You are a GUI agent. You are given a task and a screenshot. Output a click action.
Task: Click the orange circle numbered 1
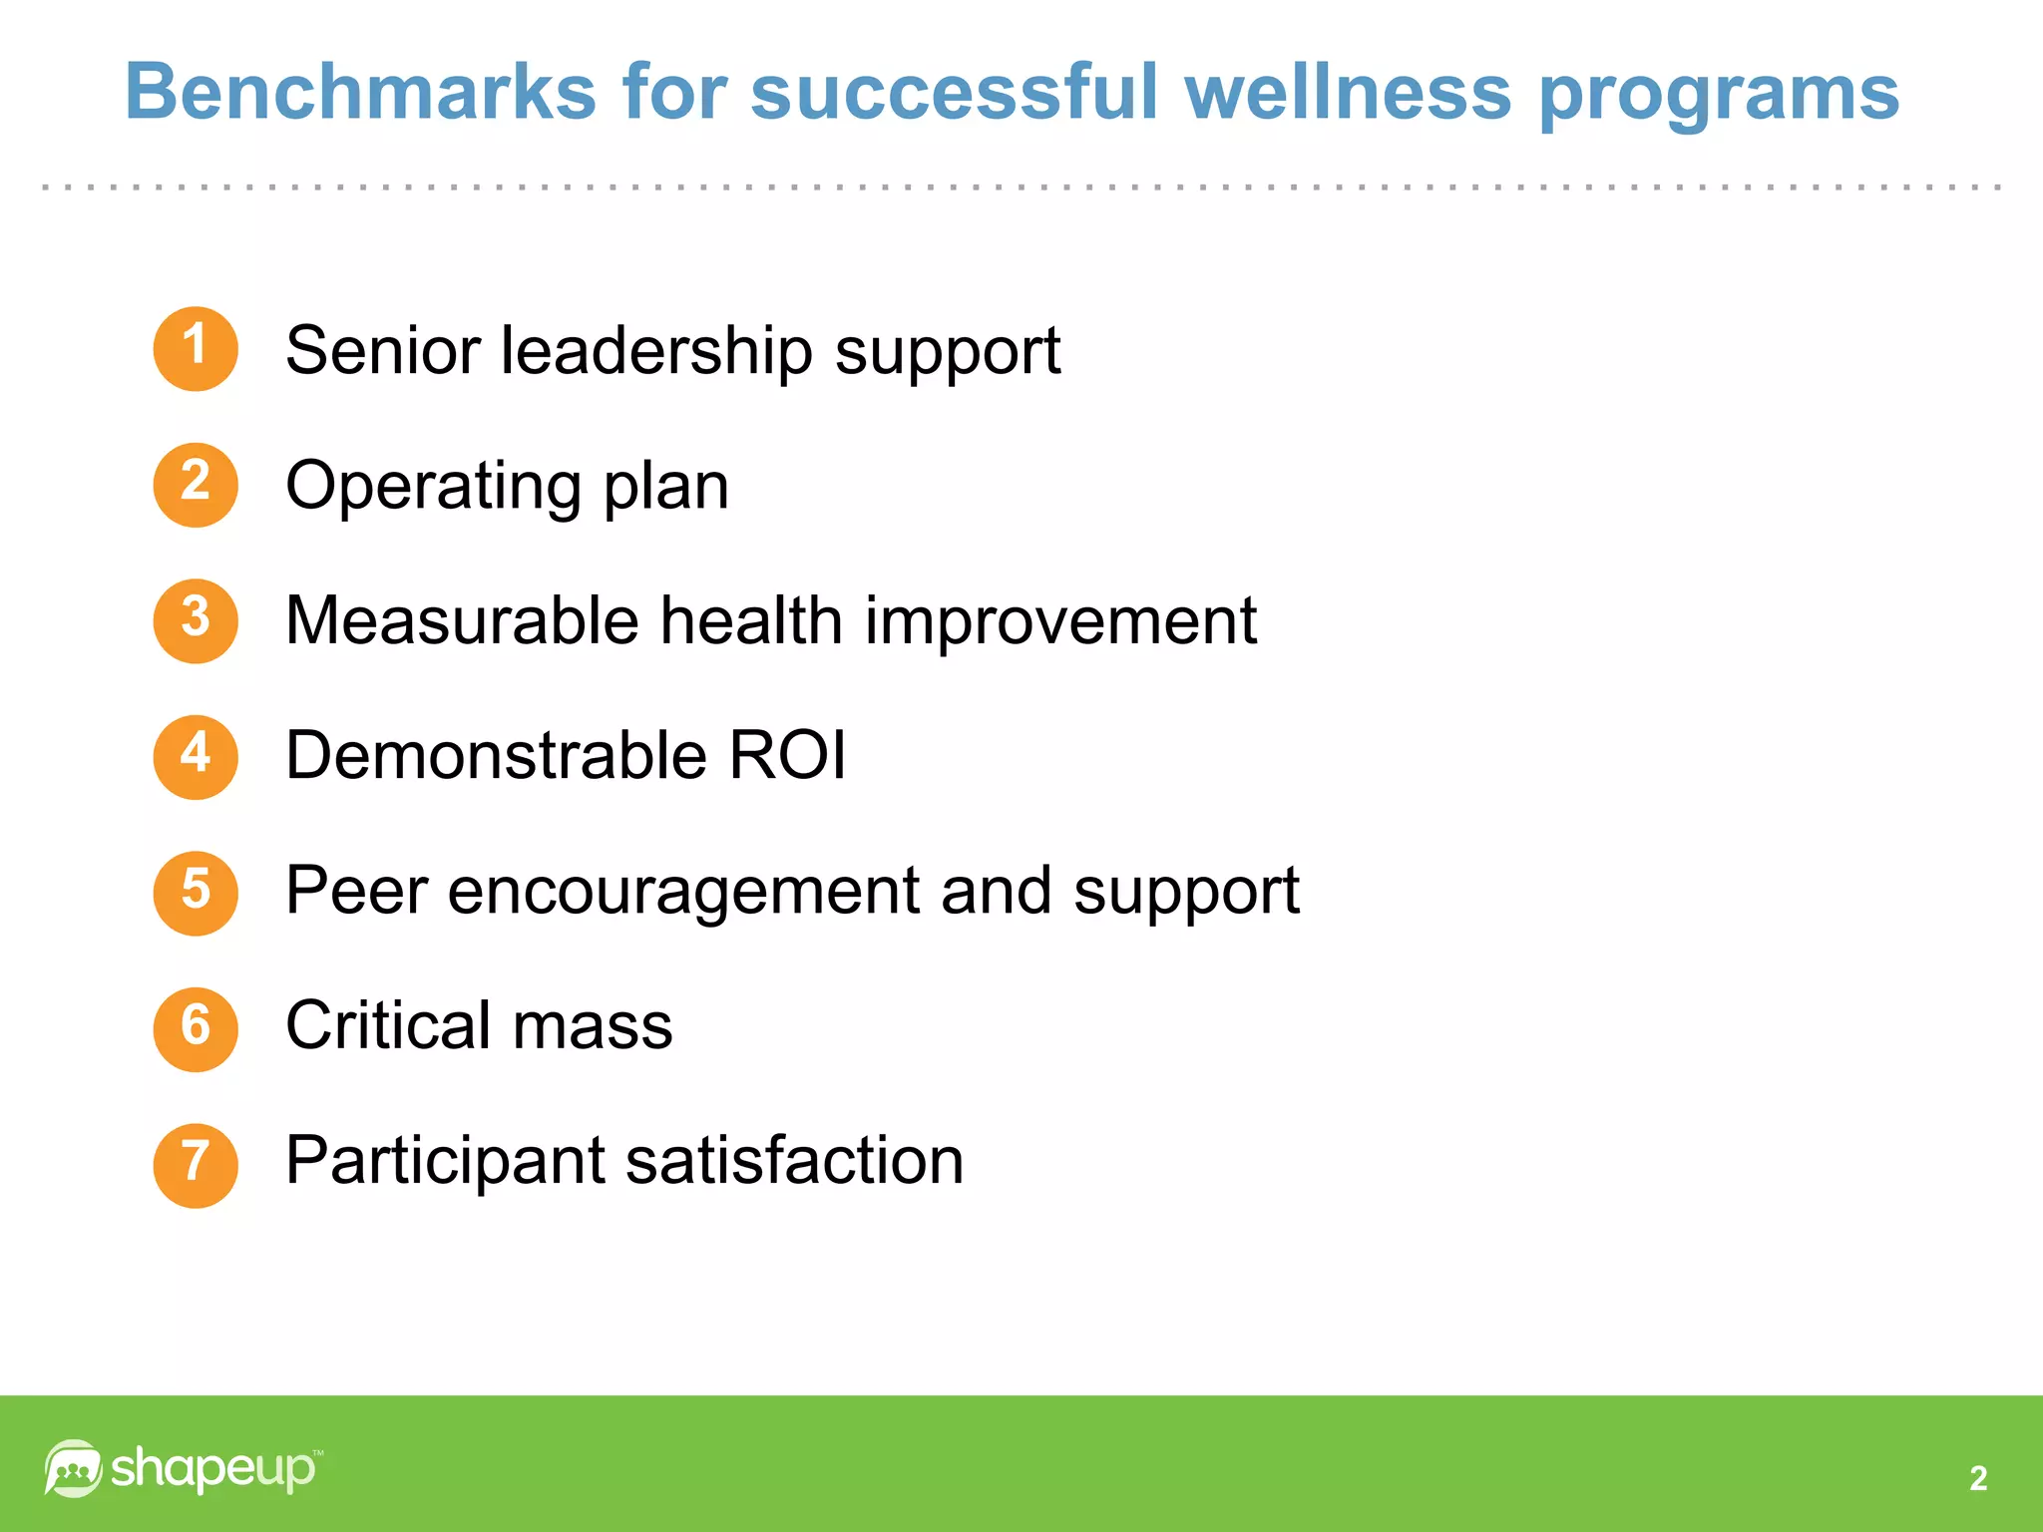(196, 348)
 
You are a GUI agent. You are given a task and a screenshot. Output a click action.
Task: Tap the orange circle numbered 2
(196, 485)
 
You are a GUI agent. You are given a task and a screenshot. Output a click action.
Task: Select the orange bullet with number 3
(196, 620)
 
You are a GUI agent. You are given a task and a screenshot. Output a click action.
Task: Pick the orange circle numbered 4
(196, 756)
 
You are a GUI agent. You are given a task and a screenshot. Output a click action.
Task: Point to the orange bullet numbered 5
(196, 893)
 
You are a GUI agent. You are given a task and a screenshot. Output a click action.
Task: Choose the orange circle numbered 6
(196, 1028)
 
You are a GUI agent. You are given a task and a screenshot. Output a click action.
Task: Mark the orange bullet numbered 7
(196, 1165)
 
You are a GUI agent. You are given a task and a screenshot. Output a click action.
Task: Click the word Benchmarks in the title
(360, 92)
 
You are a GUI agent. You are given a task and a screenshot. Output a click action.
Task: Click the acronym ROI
(787, 755)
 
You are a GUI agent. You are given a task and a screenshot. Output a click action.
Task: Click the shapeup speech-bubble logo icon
(73, 1468)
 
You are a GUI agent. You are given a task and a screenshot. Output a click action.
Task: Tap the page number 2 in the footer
(1978, 1478)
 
